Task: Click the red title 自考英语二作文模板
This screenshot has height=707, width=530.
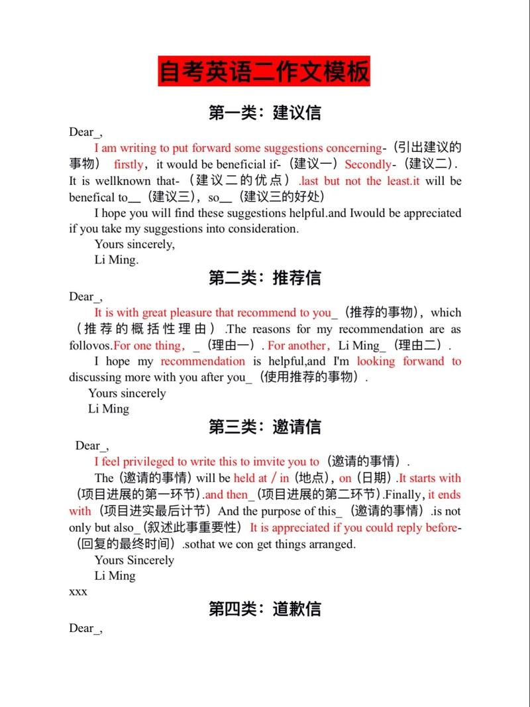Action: pos(264,72)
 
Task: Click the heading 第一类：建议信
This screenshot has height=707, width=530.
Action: pos(264,112)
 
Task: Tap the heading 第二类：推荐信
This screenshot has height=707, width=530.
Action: pos(264,277)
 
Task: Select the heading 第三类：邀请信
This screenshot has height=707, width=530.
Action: pos(264,426)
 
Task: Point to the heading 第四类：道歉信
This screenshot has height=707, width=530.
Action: pos(264,608)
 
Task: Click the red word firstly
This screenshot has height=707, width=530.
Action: pos(128,164)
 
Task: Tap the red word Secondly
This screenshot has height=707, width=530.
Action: pos(368,164)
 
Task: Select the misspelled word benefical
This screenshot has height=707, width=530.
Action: pos(92,197)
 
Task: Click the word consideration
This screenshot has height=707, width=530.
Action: pos(264,229)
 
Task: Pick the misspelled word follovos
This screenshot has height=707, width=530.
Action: pos(90,346)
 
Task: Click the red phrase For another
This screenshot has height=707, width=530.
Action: pos(297,346)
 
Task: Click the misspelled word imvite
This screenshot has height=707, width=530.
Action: pos(268,462)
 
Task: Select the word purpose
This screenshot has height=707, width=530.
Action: pos(289,511)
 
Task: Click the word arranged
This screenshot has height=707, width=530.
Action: pos(332,545)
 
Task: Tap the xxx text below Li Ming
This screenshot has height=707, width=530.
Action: pos(78,592)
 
